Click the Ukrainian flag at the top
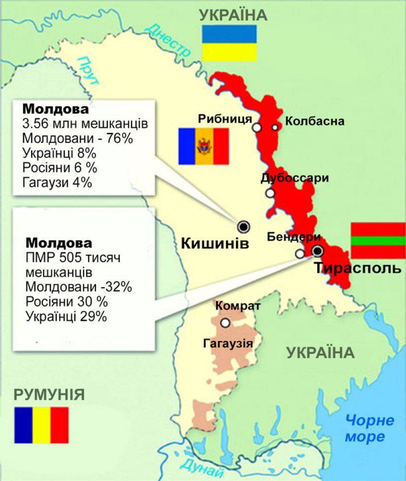point(229,43)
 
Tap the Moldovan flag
point(203,146)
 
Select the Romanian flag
point(42,425)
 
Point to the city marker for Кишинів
point(244,226)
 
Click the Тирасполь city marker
point(317,251)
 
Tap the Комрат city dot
point(225,323)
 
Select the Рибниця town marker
point(257,128)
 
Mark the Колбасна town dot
point(275,127)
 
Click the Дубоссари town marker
point(271,193)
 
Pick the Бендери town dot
point(299,254)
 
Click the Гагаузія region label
point(228,343)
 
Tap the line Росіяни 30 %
point(66,302)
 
